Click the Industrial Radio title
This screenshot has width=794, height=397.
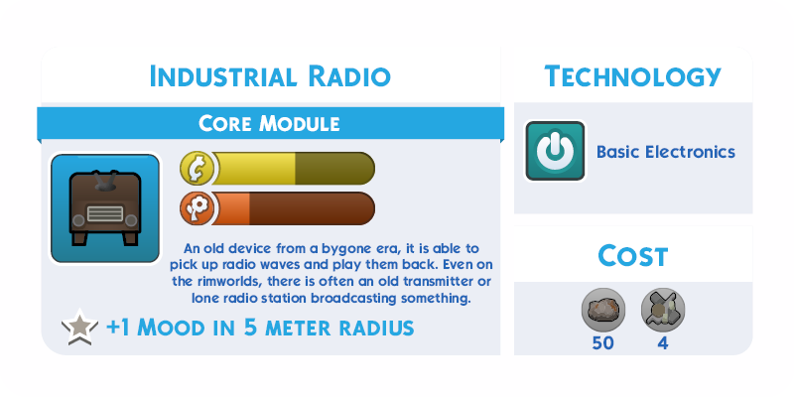pos(270,76)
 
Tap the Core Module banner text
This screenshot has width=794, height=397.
pos(269,123)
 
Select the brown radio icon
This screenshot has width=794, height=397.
pos(105,208)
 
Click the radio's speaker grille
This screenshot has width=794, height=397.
pos(105,213)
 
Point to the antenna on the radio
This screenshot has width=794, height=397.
pos(106,181)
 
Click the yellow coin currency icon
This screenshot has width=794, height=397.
pos(197,169)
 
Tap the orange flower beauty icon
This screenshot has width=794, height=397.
pos(197,208)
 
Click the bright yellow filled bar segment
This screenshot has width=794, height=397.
pos(254,169)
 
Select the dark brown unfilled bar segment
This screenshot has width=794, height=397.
pos(312,208)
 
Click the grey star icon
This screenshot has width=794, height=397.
pos(80,328)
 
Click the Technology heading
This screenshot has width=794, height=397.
pos(633,76)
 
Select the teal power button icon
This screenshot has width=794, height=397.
pos(555,151)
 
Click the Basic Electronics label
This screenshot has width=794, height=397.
pos(665,152)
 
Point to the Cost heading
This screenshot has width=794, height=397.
pos(633,256)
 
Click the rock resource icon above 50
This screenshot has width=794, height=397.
pos(603,310)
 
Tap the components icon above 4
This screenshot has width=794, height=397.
pos(663,310)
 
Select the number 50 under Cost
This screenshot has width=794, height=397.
pos(603,343)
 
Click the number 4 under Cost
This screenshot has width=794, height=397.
pos(663,343)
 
